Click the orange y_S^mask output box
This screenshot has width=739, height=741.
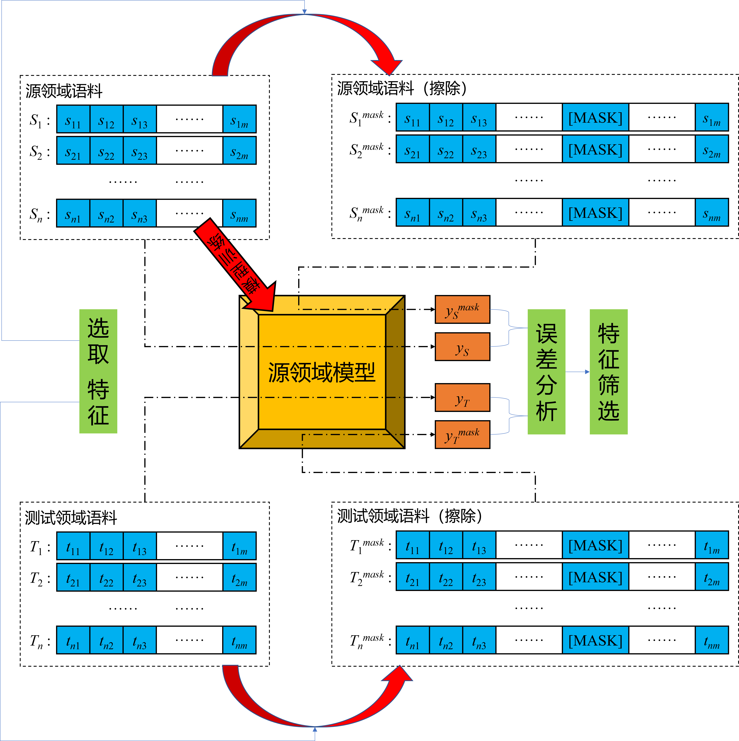pos(462,309)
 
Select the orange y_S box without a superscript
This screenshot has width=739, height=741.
pos(462,346)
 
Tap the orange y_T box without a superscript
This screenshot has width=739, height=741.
pos(462,397)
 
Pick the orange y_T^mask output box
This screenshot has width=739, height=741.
pos(462,435)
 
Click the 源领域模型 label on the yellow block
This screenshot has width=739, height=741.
pos(321,372)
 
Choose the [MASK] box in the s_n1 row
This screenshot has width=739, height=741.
pos(595,212)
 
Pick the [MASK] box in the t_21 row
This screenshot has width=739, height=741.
pos(595,576)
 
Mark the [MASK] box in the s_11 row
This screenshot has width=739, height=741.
pos(595,117)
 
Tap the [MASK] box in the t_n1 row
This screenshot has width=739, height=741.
pos(595,640)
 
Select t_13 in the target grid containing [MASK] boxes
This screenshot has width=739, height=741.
pos(479,545)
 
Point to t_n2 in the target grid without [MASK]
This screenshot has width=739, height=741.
pos(106,640)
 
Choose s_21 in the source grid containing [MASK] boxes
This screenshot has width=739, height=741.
pos(413,149)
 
